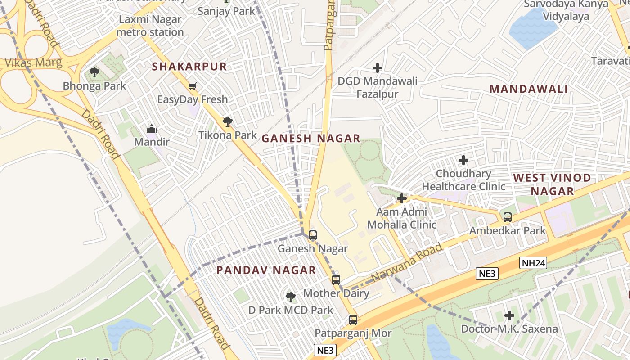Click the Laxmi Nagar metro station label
[x=150, y=26]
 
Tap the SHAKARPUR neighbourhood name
[x=189, y=67]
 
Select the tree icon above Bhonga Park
[x=94, y=72]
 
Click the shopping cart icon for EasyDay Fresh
[x=192, y=86]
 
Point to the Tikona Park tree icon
[x=228, y=121]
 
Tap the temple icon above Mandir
[x=152, y=129]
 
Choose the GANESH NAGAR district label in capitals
[x=311, y=139]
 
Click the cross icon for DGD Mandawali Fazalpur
[x=378, y=68]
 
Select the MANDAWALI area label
[x=528, y=89]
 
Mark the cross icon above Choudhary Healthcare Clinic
[x=463, y=160]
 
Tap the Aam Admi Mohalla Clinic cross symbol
[x=401, y=198]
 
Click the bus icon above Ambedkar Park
[x=508, y=217]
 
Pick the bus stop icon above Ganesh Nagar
[x=313, y=235]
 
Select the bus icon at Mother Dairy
[x=336, y=280]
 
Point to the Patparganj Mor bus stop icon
[x=353, y=320]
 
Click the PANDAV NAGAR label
[x=266, y=270]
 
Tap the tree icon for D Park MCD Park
[x=291, y=297]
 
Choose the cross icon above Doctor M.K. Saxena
[x=509, y=315]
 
